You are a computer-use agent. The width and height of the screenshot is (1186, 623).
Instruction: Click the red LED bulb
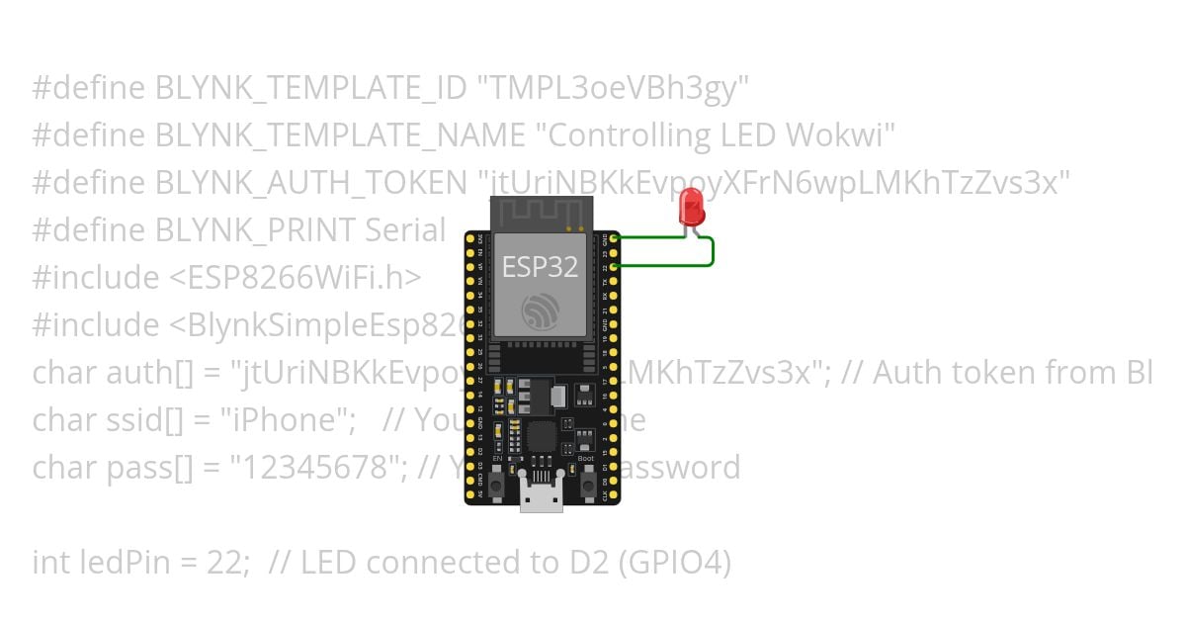coord(691,208)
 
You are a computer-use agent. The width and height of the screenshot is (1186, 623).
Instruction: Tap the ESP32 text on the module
coord(540,266)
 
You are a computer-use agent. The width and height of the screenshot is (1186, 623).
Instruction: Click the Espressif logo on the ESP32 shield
coord(541,313)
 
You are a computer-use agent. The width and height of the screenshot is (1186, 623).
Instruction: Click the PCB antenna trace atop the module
coord(542,213)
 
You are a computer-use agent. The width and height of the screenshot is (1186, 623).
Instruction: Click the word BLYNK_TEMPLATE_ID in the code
coord(311,89)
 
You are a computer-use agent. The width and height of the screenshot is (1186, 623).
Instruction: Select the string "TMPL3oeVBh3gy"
coord(613,89)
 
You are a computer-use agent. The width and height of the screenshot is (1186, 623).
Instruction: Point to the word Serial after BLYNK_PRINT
coord(405,230)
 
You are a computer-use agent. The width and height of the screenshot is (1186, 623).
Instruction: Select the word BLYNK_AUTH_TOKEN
coord(310,183)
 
